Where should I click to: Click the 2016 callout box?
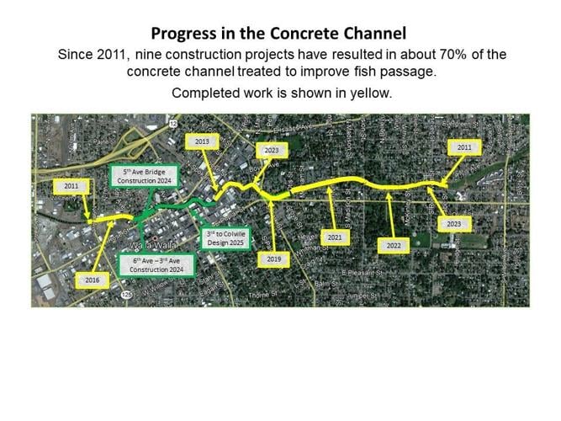pyautogui.click(x=91, y=279)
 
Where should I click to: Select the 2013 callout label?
pyautogui.click(x=202, y=141)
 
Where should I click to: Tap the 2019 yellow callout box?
pyautogui.click(x=273, y=259)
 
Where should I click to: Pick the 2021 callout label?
pyautogui.click(x=335, y=238)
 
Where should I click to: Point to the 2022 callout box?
pyautogui.click(x=394, y=245)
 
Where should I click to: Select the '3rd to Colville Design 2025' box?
pyautogui.click(x=227, y=238)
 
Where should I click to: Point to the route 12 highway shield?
pyautogui.click(x=172, y=123)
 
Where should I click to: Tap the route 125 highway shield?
pyautogui.click(x=124, y=295)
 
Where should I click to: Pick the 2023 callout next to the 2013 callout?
pyautogui.click(x=272, y=150)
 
